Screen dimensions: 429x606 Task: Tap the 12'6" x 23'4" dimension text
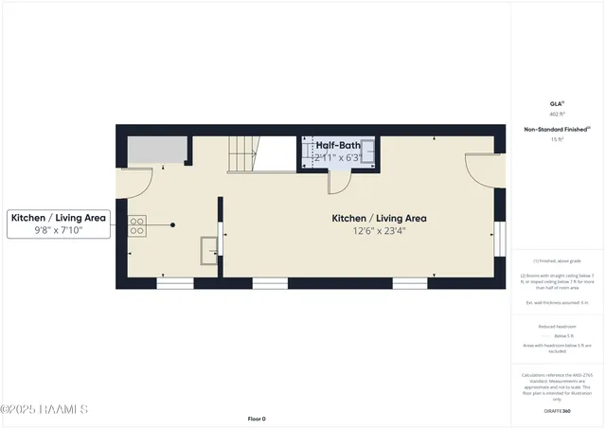click(x=379, y=231)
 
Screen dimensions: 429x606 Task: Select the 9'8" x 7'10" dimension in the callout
click(x=59, y=230)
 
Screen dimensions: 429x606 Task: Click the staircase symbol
click(x=243, y=153)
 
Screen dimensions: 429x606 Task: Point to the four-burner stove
click(x=136, y=225)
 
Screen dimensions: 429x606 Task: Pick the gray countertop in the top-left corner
click(x=154, y=149)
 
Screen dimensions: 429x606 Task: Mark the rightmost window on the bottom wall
click(x=410, y=282)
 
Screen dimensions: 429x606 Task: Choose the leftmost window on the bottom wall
click(x=175, y=282)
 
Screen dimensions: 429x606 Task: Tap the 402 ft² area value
click(x=557, y=114)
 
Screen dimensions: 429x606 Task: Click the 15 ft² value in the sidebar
click(x=557, y=139)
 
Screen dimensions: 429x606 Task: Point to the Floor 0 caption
click(x=257, y=418)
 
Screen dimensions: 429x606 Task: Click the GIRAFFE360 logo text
click(x=557, y=411)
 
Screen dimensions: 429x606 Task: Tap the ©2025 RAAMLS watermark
click(x=45, y=409)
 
